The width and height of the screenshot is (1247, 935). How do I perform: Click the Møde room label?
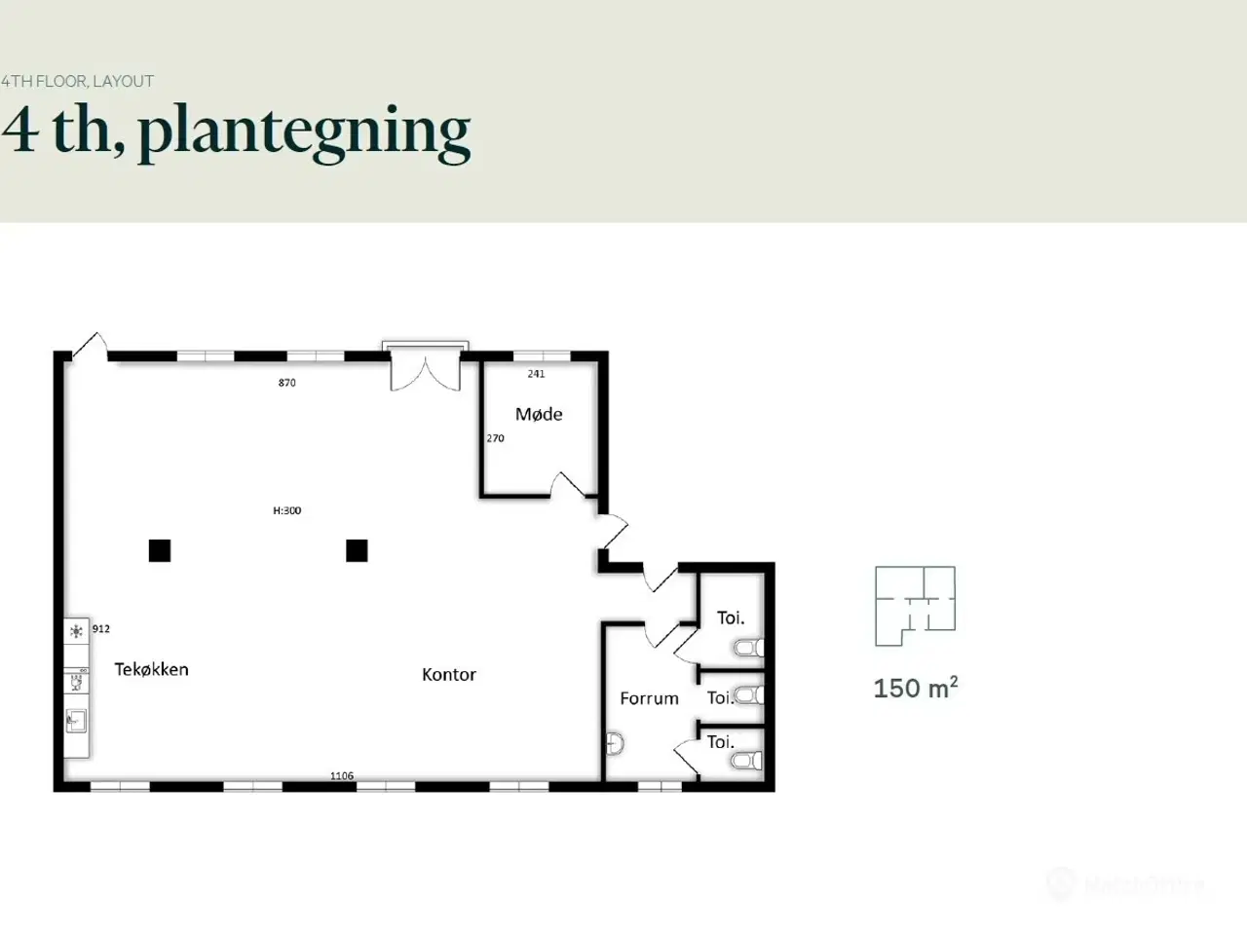(x=539, y=414)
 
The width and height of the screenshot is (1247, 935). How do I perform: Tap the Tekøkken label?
(x=151, y=669)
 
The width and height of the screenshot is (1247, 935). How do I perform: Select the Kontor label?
(x=448, y=674)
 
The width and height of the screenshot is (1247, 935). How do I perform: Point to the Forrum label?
(x=649, y=698)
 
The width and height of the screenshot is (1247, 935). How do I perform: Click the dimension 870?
(x=286, y=383)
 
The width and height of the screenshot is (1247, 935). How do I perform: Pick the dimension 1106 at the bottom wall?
(x=341, y=776)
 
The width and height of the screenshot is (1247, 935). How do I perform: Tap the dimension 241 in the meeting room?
(x=536, y=374)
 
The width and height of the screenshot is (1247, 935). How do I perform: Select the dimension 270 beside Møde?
(x=495, y=438)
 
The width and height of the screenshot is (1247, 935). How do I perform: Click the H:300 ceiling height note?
(x=286, y=510)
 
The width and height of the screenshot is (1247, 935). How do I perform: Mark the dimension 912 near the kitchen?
(x=101, y=629)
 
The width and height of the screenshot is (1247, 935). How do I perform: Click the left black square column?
(x=160, y=550)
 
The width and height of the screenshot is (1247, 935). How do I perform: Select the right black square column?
(x=357, y=550)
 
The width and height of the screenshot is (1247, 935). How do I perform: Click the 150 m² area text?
(x=915, y=689)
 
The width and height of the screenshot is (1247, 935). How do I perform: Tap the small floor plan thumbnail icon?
(x=915, y=606)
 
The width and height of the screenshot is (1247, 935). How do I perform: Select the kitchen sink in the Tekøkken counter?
(x=76, y=721)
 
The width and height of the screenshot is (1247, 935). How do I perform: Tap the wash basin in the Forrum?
(x=614, y=744)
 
